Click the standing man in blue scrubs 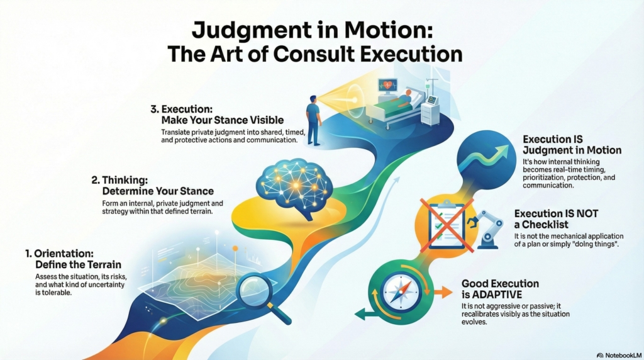point(314,120)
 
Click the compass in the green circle point(402,292)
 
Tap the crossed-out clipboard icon point(446,225)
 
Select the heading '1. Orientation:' point(59,253)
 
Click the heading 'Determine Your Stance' point(158,191)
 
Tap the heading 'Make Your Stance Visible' point(222,120)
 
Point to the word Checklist point(545,225)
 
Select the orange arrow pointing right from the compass point(443,293)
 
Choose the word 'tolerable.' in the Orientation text point(53,293)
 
